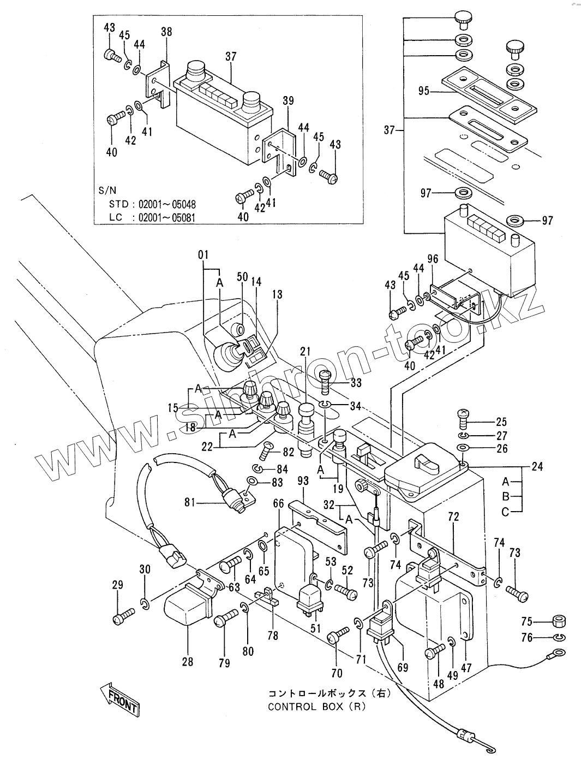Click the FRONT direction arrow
point(119,698)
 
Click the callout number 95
point(424,92)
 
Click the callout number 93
point(303,481)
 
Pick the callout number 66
point(278,503)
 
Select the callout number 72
point(453,516)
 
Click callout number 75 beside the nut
point(526,621)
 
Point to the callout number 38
point(166,32)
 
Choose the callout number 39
point(289,100)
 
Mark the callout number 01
point(203,254)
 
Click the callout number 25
point(501,422)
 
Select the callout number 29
point(118,585)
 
